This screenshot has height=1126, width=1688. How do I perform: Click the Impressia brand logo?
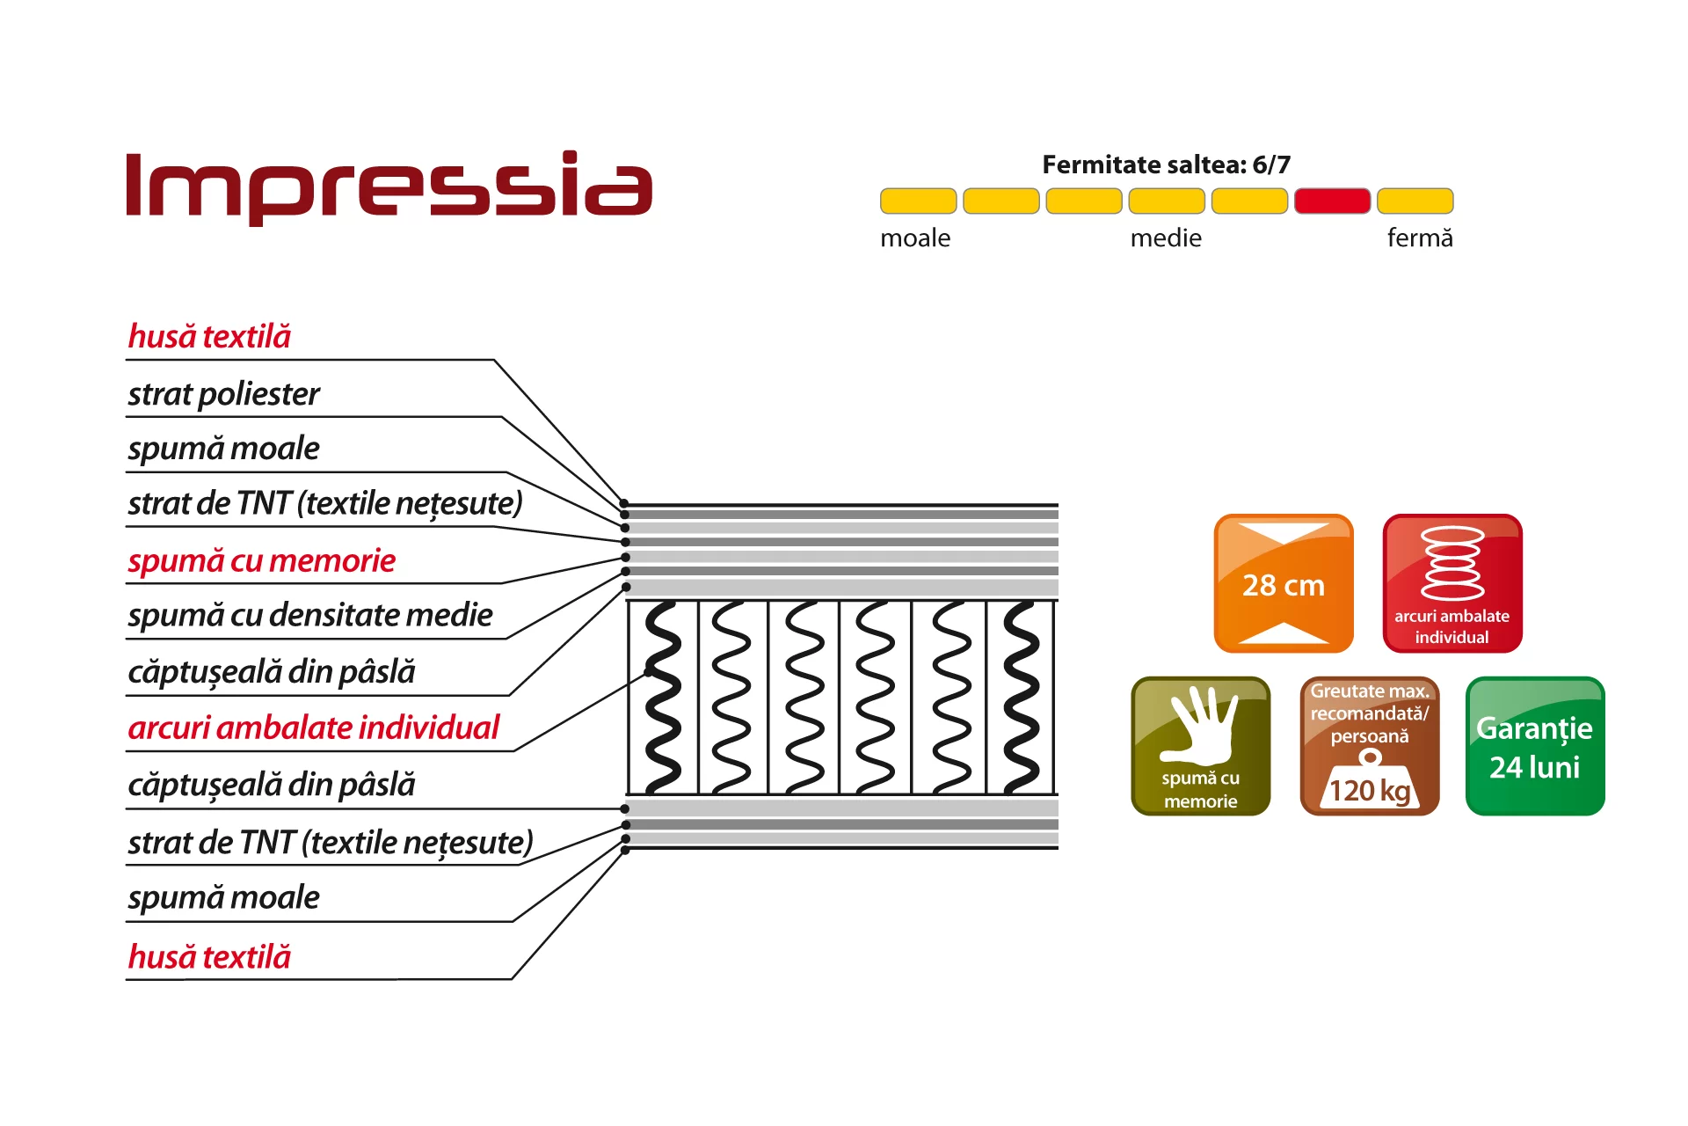tap(389, 186)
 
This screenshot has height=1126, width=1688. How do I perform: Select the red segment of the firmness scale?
tap(1332, 201)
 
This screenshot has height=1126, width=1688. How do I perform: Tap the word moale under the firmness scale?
tap(915, 238)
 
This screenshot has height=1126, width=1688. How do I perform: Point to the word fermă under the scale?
tap(1420, 238)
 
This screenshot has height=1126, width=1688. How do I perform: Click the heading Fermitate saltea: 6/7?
tap(1166, 165)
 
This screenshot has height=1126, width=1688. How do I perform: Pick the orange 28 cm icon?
tap(1284, 583)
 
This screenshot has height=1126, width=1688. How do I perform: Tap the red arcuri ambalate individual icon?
tap(1452, 583)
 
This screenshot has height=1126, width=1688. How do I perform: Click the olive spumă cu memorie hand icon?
tap(1201, 746)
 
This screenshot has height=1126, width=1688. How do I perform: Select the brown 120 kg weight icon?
tap(1370, 746)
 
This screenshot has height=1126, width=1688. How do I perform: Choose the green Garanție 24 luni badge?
tap(1535, 746)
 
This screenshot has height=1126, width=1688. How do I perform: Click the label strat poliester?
tap(223, 394)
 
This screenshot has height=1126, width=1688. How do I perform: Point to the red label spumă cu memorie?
tap(261, 561)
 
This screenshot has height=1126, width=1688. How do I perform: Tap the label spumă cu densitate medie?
tap(310, 615)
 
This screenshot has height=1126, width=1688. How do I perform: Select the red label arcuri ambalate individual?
tap(313, 728)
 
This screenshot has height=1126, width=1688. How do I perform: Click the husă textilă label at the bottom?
tap(209, 956)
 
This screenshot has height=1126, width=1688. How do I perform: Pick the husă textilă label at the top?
tap(209, 336)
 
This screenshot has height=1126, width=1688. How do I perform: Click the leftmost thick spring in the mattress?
tap(663, 698)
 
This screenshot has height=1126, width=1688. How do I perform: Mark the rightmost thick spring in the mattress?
tap(1022, 698)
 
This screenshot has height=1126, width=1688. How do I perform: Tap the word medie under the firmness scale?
tap(1166, 238)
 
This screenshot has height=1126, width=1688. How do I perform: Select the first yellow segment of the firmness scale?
tap(918, 201)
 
